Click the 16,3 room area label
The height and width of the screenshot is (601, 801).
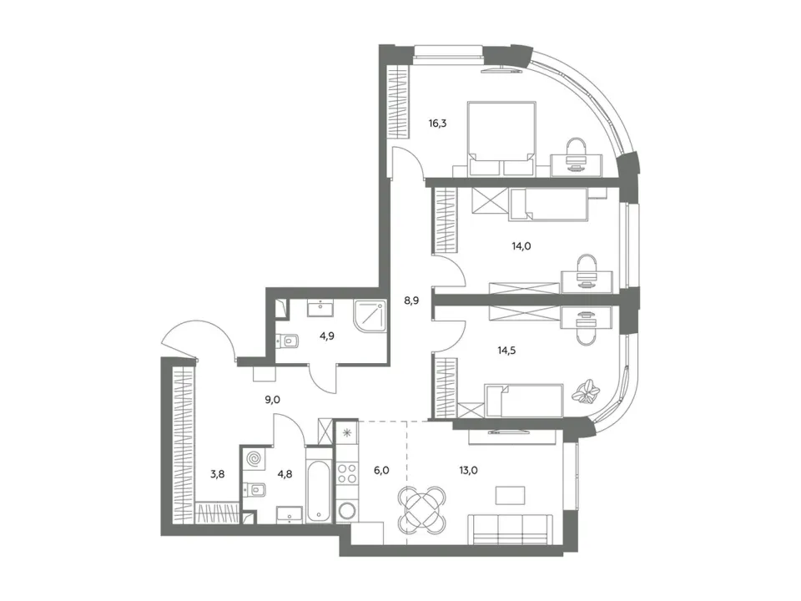tap(438, 124)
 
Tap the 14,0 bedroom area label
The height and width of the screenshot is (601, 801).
tap(521, 245)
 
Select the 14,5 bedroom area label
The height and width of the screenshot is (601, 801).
tap(506, 351)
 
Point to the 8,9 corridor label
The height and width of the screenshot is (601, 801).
tap(411, 300)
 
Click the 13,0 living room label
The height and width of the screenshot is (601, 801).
tap(468, 470)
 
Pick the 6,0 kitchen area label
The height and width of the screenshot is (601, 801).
tap(381, 470)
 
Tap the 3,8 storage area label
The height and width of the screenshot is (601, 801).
tap(217, 474)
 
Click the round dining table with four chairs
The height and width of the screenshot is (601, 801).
tap(422, 509)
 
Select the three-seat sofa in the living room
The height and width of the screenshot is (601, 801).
tap(511, 530)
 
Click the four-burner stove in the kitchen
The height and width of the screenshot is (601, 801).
tap(347, 472)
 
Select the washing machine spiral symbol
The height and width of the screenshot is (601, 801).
tap(254, 459)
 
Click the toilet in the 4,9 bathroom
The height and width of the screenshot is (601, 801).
tap(288, 341)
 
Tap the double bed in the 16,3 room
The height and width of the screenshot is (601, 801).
tap(501, 139)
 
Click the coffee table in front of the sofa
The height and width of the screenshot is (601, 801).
tap(511, 495)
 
